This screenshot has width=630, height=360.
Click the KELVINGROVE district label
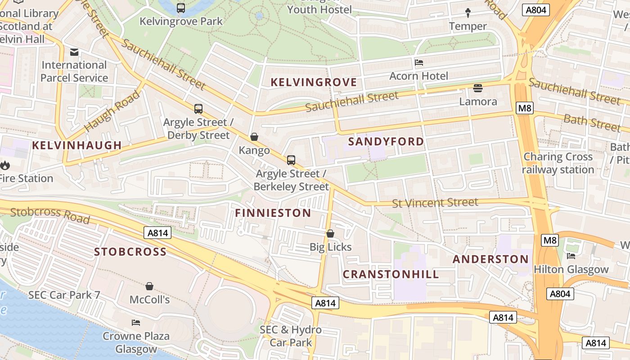314,82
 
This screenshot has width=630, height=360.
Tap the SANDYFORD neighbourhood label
386,142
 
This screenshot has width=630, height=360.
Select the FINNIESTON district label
273,213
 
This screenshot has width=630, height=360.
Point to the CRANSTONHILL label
391,274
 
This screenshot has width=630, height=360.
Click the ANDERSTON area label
490,259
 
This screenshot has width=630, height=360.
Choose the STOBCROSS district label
130,252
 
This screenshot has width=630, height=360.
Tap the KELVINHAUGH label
77,145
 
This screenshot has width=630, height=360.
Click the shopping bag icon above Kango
254,137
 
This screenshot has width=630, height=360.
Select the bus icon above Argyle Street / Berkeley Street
291,160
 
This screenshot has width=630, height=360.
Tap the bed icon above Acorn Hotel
419,63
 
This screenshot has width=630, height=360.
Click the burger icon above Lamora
478,88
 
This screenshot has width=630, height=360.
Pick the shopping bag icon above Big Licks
330,234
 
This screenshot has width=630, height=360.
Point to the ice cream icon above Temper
468,13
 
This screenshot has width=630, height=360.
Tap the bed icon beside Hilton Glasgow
571,256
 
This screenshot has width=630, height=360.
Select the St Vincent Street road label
435,203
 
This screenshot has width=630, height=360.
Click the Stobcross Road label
49,215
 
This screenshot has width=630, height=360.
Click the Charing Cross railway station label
558,163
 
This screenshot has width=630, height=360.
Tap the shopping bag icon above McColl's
149,286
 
